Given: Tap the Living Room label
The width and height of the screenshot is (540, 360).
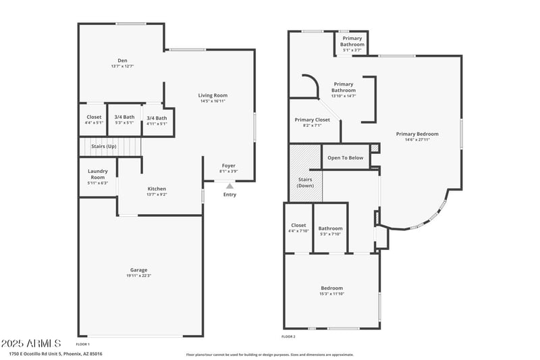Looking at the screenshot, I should [x=213, y=95].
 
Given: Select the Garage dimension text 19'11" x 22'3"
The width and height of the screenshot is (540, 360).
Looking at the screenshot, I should [x=138, y=276].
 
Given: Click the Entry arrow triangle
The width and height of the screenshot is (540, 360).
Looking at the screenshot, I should [x=230, y=186].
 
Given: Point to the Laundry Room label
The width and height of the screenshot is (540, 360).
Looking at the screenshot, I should [x=98, y=174].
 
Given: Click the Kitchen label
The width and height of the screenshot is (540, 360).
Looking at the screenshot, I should [x=157, y=188].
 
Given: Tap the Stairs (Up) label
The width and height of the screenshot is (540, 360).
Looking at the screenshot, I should [x=104, y=146].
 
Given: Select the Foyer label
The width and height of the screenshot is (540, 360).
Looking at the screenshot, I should [x=229, y=165].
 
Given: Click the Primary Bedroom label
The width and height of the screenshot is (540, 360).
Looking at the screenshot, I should [x=416, y=134].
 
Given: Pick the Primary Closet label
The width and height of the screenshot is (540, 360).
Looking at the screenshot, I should [x=313, y=120].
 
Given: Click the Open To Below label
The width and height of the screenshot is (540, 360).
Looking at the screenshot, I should [x=345, y=157].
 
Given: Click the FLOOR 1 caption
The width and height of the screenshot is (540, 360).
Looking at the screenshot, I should [x=82, y=344].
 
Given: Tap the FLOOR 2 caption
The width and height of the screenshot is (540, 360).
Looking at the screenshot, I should [x=288, y=336].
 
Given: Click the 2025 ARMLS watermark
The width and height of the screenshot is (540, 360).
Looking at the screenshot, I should [x=32, y=344].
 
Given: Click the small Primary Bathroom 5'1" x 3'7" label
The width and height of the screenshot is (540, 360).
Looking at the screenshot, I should [x=352, y=41].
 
